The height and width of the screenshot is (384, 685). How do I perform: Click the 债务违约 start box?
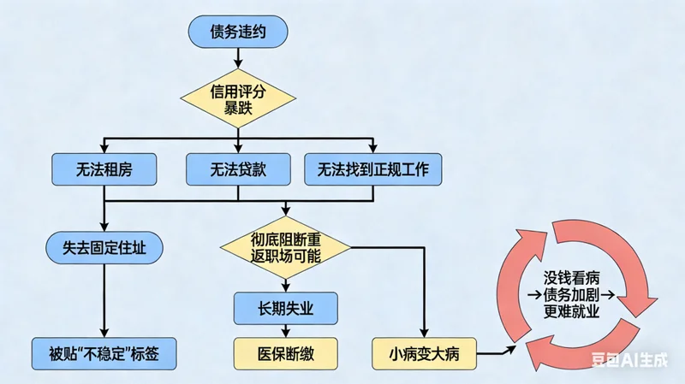(237, 32)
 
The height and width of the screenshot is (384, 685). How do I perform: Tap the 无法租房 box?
(104, 169)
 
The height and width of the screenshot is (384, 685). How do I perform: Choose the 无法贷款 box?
(238, 169)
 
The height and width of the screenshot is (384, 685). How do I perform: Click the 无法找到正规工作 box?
(373, 169)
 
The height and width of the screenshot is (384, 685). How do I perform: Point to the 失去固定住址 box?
(104, 248)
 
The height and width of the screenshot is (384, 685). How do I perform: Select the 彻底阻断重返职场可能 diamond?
(286, 248)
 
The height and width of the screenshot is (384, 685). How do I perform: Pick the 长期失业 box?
(286, 305)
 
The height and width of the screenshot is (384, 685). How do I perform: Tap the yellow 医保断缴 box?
(286, 352)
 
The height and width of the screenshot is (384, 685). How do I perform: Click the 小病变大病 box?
(424, 352)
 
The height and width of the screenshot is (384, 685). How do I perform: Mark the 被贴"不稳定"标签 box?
(104, 352)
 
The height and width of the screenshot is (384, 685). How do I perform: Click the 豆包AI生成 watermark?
(631, 362)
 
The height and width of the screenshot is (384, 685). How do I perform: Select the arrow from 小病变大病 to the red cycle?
(497, 350)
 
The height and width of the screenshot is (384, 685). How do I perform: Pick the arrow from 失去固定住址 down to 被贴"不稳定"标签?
(104, 299)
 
